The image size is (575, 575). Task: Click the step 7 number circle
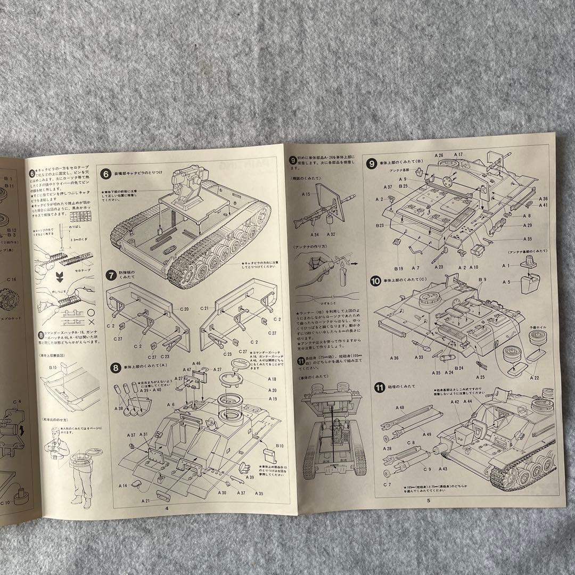pyautogui.click(x=111, y=275)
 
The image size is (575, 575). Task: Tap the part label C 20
pyautogui.click(x=184, y=309)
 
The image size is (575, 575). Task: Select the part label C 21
pyautogui.click(x=206, y=309)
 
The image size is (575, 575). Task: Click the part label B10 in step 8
pyautogui.click(x=279, y=445)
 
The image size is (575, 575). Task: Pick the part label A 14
pyautogui.click(x=122, y=486)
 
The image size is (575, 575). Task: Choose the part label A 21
pyautogui.click(x=146, y=501)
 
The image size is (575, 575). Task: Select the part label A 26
pyautogui.click(x=439, y=156)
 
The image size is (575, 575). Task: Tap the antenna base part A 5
pyautogui.click(x=506, y=282)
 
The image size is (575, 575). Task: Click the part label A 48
pyautogui.click(x=400, y=407)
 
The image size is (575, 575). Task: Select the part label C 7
pyautogui.click(x=387, y=484)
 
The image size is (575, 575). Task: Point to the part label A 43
pyautogui.click(x=442, y=469)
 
